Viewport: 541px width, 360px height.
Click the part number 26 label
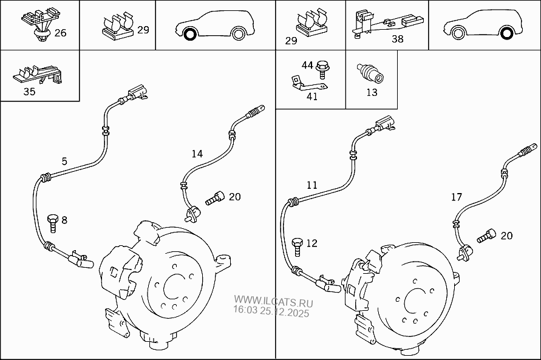[x=60, y=33]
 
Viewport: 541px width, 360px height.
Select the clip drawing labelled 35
[x=37, y=76]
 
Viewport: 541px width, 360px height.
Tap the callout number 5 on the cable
[x=64, y=161]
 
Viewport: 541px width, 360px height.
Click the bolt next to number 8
[x=53, y=223]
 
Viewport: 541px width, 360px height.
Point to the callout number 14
[x=197, y=154]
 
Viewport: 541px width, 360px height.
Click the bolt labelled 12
[x=297, y=245]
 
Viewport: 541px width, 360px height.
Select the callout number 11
[x=311, y=185]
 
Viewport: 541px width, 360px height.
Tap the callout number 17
[x=457, y=197]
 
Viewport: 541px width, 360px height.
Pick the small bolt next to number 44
[x=322, y=66]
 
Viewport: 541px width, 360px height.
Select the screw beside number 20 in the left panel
[x=215, y=197]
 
